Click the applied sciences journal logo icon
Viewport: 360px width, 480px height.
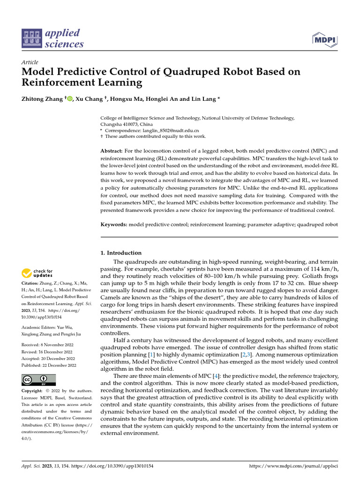pos(31,39)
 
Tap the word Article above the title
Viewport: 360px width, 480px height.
pos(30,62)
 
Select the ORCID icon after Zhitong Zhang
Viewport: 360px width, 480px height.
pos(70,98)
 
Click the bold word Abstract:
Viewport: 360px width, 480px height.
pos(112,151)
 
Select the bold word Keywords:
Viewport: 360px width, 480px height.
pos(114,225)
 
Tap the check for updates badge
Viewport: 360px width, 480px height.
pos(37,273)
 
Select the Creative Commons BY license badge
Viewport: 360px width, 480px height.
pos(38,380)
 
